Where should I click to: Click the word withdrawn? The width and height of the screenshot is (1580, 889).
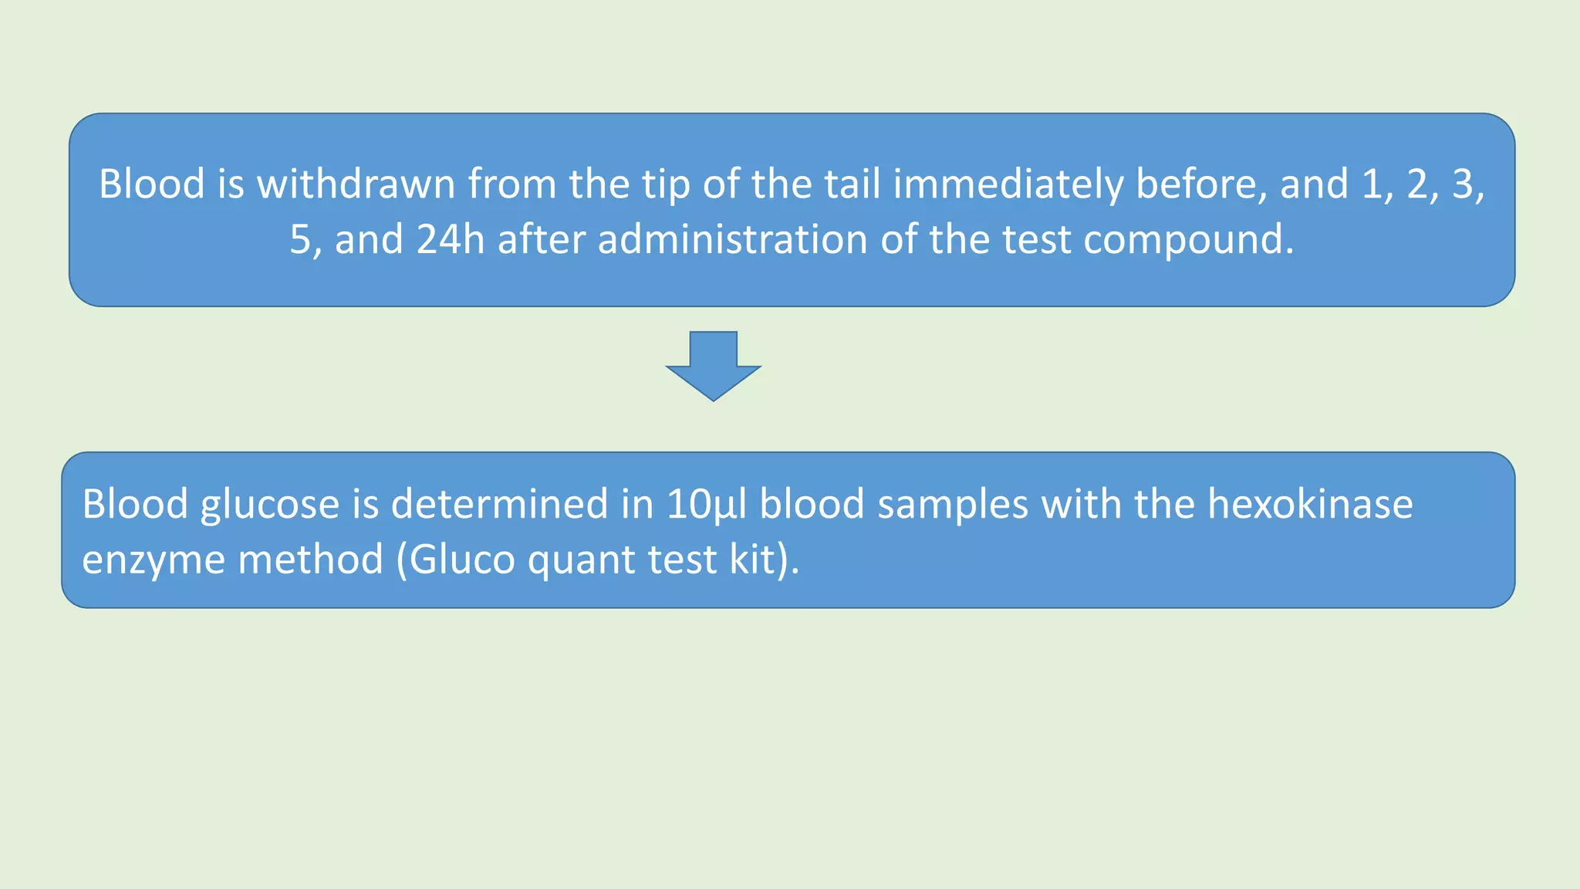(x=356, y=184)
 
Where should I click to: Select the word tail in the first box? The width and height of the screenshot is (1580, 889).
(x=852, y=184)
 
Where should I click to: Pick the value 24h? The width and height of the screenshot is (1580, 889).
(x=451, y=239)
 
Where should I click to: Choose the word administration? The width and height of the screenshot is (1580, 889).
(x=733, y=239)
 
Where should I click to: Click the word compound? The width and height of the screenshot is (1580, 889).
(x=1188, y=241)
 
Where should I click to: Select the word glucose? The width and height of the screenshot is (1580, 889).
(x=269, y=505)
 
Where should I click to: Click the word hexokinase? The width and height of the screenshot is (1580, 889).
(x=1310, y=504)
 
